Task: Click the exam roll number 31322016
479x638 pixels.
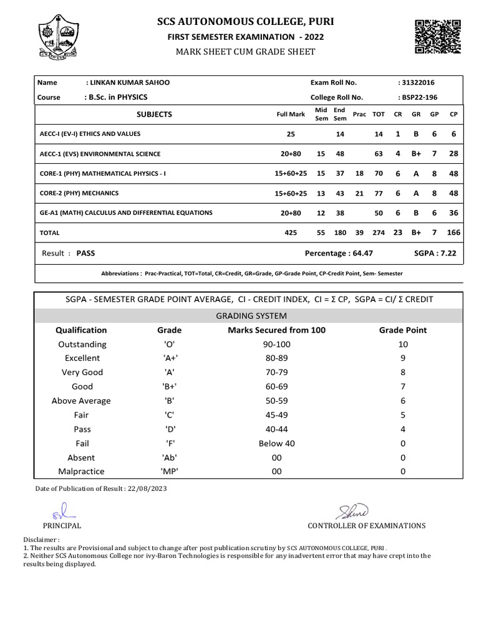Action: (418, 83)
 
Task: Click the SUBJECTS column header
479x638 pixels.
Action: (154, 115)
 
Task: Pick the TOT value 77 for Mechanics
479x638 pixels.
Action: (378, 193)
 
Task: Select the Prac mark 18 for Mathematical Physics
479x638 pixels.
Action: (359, 174)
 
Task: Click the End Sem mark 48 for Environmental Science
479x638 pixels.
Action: (340, 154)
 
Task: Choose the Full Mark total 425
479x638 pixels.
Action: (291, 232)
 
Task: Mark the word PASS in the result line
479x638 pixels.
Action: (85, 254)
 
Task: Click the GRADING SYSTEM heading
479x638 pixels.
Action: (251, 316)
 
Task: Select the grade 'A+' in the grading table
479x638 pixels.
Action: (169, 358)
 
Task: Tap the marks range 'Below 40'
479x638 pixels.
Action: (277, 444)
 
